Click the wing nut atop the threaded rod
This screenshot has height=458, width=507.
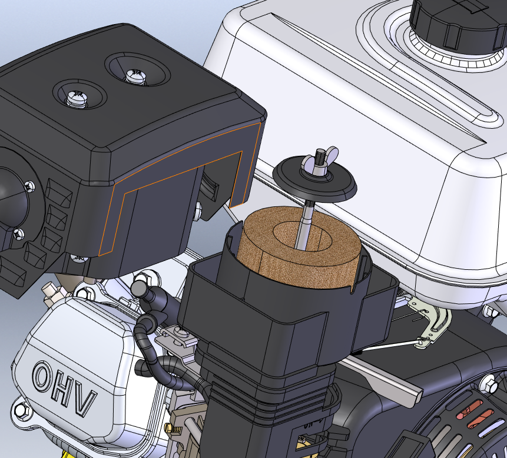point(320,161)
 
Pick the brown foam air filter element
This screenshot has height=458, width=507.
point(299,247)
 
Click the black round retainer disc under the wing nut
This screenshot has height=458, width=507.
point(314,180)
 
